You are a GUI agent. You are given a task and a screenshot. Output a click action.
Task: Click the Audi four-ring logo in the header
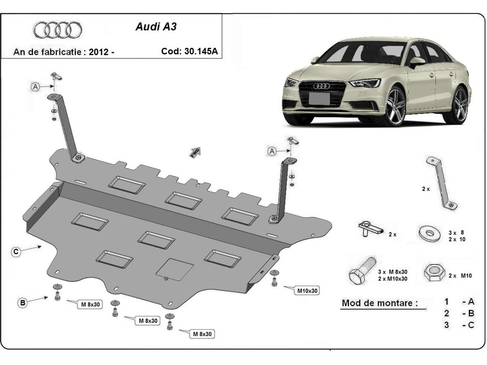(57, 30)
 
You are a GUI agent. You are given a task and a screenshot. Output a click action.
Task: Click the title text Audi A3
(155, 28)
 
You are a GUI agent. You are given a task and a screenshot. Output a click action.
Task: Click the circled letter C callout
(15, 252)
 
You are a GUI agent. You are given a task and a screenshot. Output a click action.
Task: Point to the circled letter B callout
(23, 302)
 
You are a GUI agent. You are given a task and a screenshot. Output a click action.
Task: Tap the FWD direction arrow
(195, 152)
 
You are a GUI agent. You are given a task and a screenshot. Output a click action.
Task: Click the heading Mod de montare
(379, 303)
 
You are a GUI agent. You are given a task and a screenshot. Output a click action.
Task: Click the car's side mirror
(416, 62)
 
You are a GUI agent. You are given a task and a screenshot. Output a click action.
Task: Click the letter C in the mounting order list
(471, 325)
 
